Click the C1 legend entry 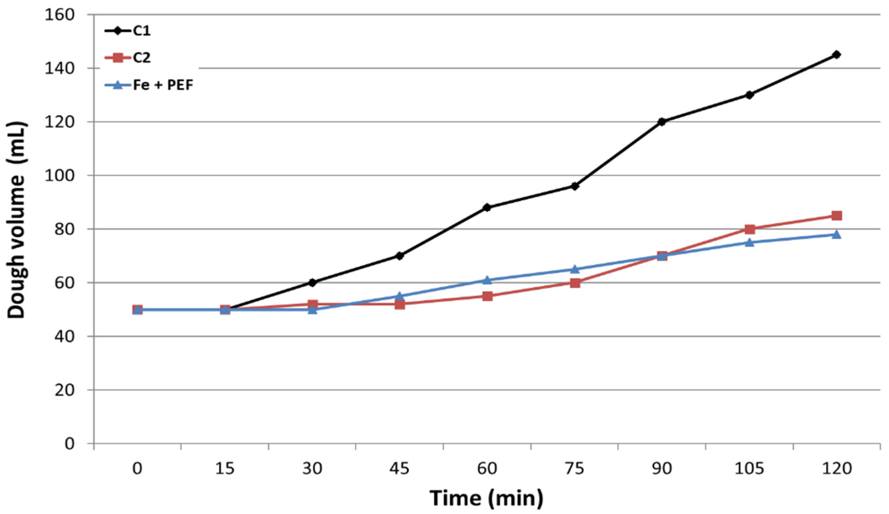pyautogui.click(x=141, y=31)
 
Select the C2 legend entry pyautogui.click(x=141, y=58)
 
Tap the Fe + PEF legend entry pyautogui.click(x=163, y=85)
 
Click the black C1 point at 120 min pyautogui.click(x=836, y=55)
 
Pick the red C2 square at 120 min pyautogui.click(x=836, y=216)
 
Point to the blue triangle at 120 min pyautogui.click(x=836, y=234)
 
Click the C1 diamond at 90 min pyautogui.click(x=662, y=122)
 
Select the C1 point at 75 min pyautogui.click(x=575, y=186)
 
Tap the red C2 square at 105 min pyautogui.click(x=750, y=229)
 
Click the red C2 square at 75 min pyautogui.click(x=575, y=283)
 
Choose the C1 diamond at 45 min pyautogui.click(x=400, y=256)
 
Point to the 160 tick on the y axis pyautogui.click(x=60, y=15)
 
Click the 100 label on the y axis pyautogui.click(x=60, y=175)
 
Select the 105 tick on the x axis pyautogui.click(x=750, y=469)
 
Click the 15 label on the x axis pyautogui.click(x=225, y=469)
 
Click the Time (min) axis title pyautogui.click(x=486, y=498)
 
